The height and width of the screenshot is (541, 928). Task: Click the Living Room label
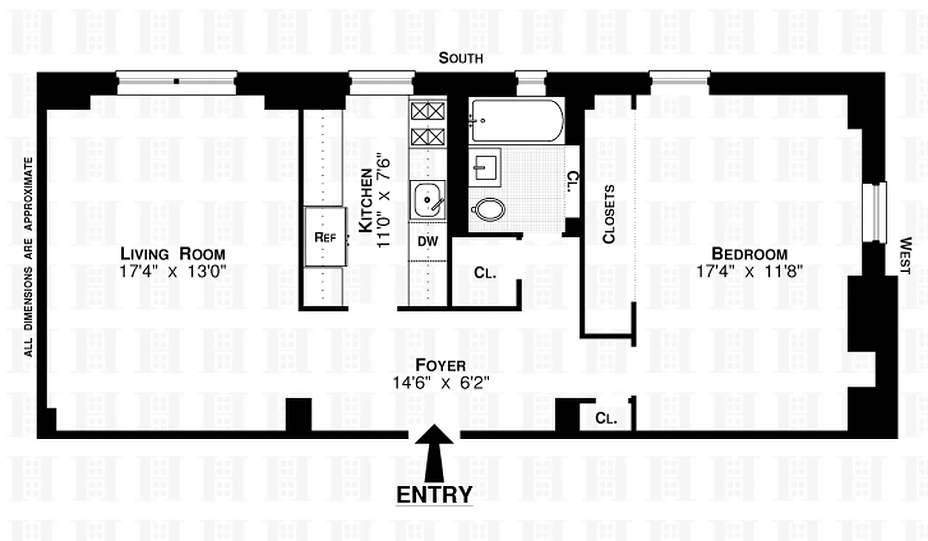[x=172, y=254]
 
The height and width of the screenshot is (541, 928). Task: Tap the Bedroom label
[x=749, y=254]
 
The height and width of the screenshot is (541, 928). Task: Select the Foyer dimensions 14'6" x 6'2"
[x=440, y=382]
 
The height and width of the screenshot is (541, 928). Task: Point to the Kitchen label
[x=366, y=201]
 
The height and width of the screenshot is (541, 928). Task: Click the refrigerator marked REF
[x=325, y=237]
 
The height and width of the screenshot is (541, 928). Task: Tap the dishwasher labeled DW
[x=427, y=241]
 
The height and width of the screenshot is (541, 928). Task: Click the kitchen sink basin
[x=428, y=199]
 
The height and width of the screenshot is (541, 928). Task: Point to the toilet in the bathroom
[x=488, y=210]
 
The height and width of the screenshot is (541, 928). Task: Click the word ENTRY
[x=434, y=494]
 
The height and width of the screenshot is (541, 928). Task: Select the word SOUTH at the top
[x=461, y=58]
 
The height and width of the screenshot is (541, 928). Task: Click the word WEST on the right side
[x=906, y=255]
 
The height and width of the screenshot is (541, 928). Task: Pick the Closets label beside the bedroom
[x=608, y=214]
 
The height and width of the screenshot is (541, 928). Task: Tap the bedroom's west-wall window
[x=878, y=211]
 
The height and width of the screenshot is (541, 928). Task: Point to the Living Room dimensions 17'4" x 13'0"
[x=172, y=270]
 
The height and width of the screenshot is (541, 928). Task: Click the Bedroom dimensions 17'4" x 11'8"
[x=749, y=270]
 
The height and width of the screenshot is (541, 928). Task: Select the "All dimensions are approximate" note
[x=28, y=266]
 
